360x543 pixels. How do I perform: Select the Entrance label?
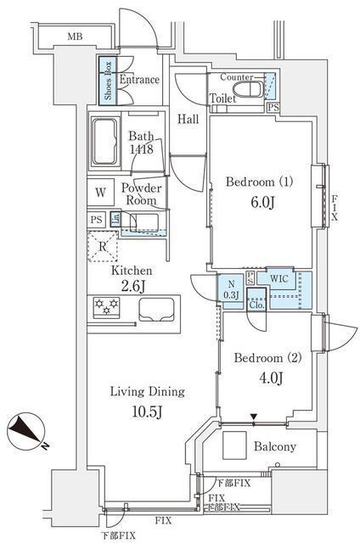click(139, 80)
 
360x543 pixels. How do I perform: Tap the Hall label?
click(188, 119)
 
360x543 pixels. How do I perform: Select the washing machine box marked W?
click(100, 193)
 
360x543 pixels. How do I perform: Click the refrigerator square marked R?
click(102, 248)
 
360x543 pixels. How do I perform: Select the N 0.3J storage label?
click(230, 288)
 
